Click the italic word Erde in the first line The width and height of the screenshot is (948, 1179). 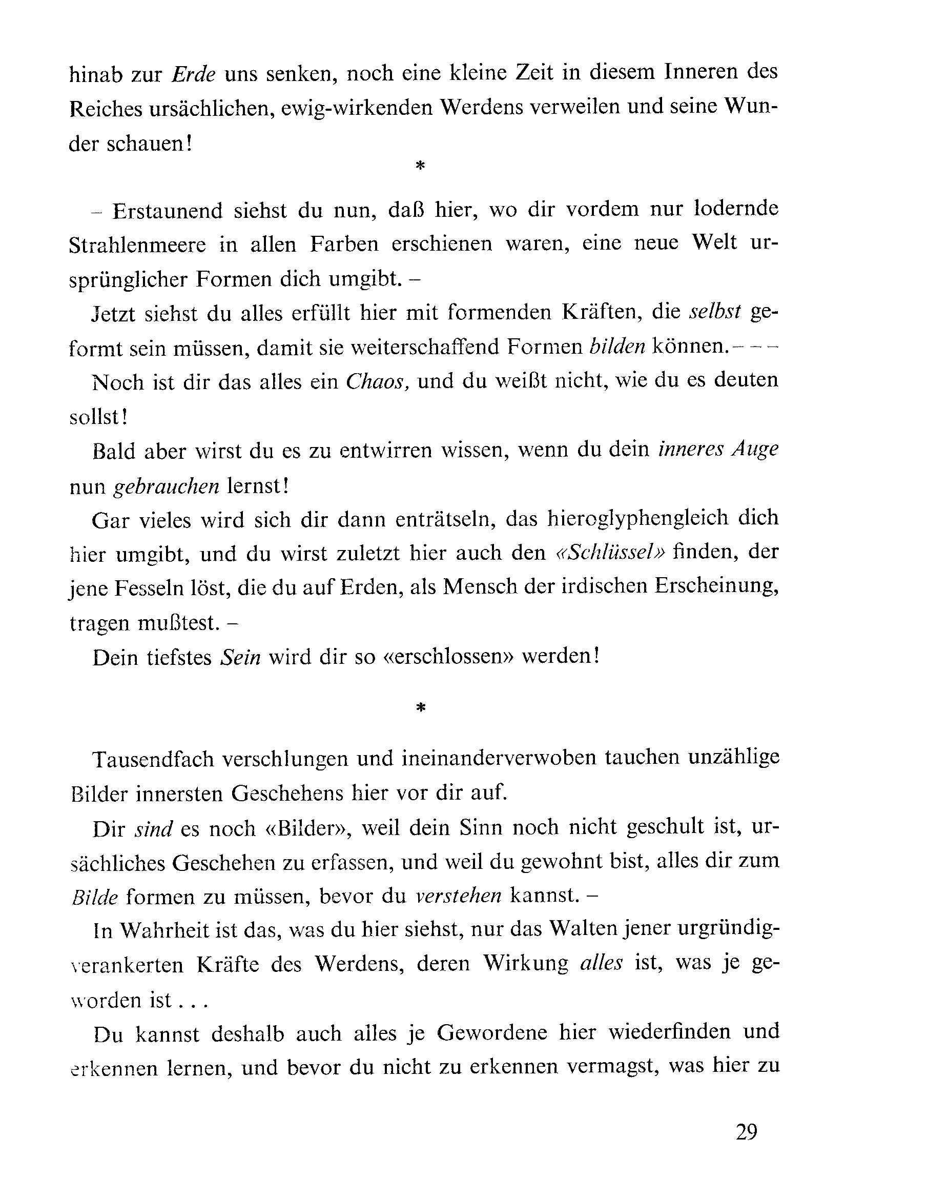pyautogui.click(x=194, y=74)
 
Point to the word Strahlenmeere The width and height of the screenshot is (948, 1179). pyautogui.click(x=137, y=245)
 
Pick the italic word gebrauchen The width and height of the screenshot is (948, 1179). pyautogui.click(x=166, y=485)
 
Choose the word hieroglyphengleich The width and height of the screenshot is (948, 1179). pyautogui.click(x=637, y=518)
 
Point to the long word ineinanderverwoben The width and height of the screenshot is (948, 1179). pyautogui.click(x=499, y=759)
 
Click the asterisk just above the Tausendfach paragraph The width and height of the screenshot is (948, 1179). pyautogui.click(x=420, y=708)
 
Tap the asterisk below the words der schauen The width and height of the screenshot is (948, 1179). pyautogui.click(x=420, y=165)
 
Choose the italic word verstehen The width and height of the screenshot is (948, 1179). pyautogui.click(x=458, y=895)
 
